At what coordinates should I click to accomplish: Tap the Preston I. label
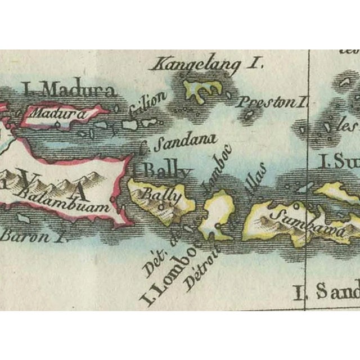click(273, 103)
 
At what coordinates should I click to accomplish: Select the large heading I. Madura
click(69, 89)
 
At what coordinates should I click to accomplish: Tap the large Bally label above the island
click(167, 170)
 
